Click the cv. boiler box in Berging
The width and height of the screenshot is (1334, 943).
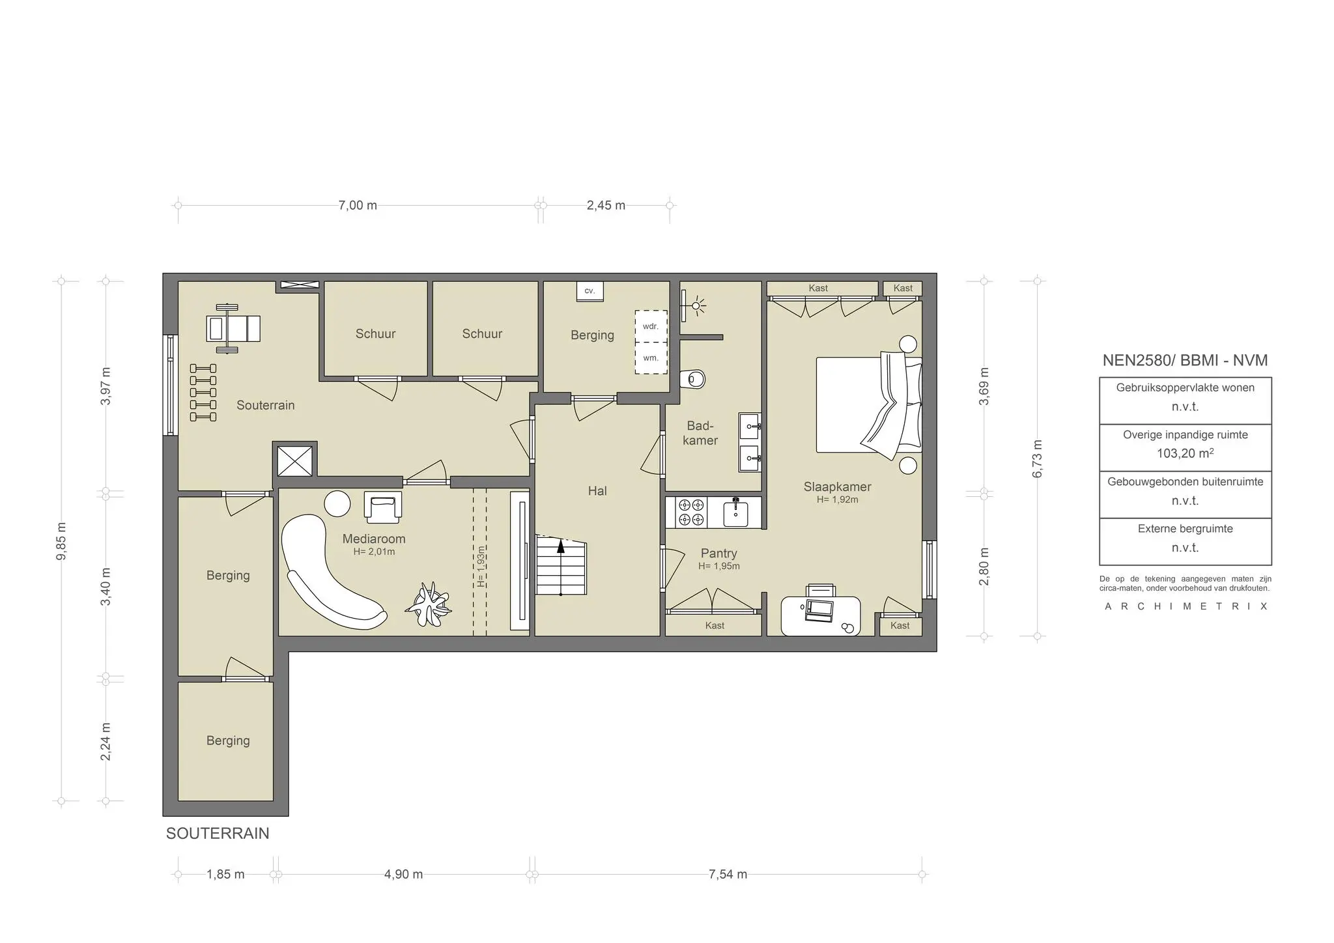pos(589,291)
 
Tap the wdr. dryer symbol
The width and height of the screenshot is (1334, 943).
pos(651,326)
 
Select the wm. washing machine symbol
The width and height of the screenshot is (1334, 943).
pos(651,358)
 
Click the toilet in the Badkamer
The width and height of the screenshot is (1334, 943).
pos(693,378)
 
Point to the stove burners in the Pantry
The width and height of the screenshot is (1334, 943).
pos(691,512)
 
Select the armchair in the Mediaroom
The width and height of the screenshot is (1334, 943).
pos(382,507)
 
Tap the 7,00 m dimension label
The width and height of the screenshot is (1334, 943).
pos(358,206)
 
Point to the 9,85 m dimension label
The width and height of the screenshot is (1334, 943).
pos(61,541)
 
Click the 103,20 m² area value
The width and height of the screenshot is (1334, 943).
pos(1185,454)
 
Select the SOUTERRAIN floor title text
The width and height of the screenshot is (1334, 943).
pos(218,834)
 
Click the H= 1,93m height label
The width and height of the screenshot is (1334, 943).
pos(481,566)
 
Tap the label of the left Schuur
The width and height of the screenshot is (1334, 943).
pos(375,333)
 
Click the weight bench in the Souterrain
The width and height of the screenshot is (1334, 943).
pos(232,328)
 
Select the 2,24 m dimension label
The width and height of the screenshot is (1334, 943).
pos(106,741)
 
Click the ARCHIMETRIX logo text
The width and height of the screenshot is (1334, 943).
pos(1185,606)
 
